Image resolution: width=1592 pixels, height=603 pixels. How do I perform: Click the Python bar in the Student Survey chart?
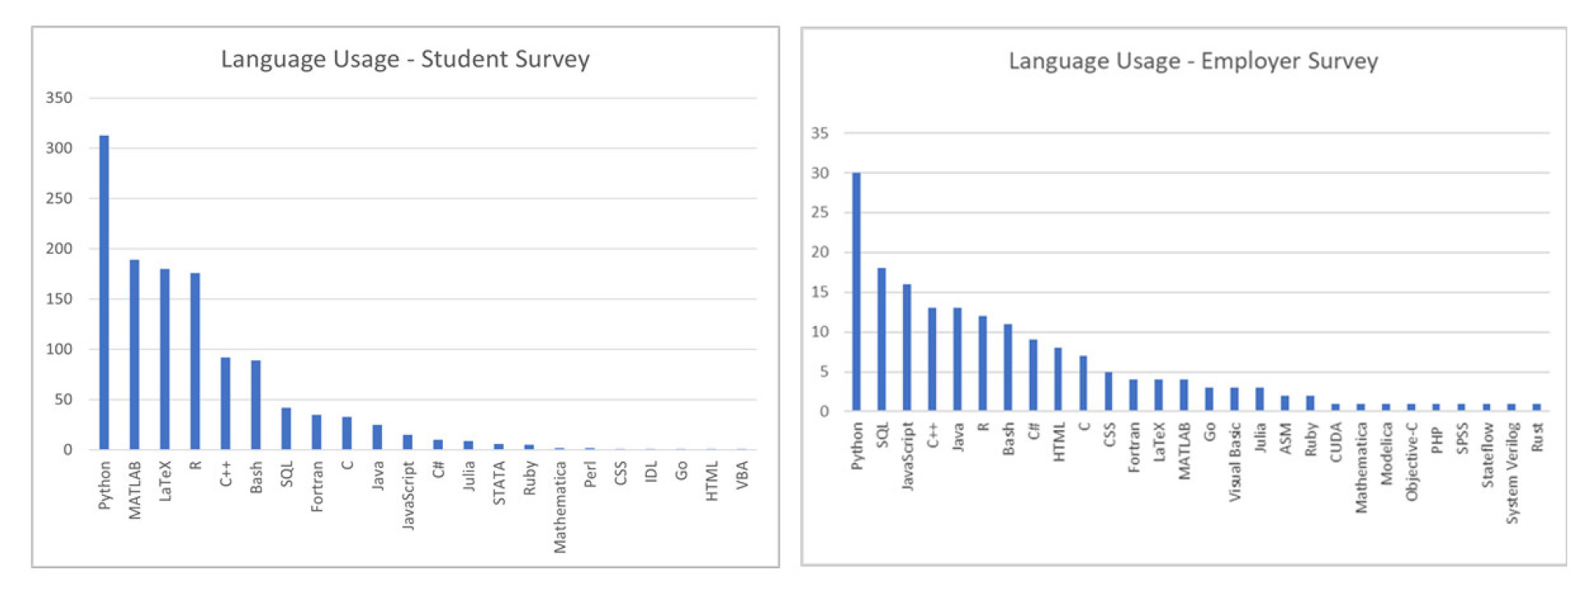click(x=104, y=292)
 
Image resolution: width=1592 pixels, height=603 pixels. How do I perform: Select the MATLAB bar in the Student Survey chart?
click(x=134, y=355)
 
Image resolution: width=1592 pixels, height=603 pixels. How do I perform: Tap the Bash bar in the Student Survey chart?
click(x=256, y=404)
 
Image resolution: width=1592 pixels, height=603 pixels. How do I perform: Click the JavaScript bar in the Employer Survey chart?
click(x=907, y=348)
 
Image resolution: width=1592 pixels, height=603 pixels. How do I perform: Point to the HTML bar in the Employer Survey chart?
click(x=1058, y=379)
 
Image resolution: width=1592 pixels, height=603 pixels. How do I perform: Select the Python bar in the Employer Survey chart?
click(x=856, y=292)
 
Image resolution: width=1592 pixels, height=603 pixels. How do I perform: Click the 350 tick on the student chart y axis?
click(x=59, y=98)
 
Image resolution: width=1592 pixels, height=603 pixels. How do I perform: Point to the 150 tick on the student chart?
click(x=59, y=299)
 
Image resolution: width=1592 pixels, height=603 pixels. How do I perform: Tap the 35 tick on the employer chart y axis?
click(x=820, y=133)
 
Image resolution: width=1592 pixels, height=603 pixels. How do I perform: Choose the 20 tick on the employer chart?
click(x=820, y=253)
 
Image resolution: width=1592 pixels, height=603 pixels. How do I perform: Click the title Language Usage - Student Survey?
click(x=405, y=59)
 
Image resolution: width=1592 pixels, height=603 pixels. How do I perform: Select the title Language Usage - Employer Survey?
click(x=1193, y=61)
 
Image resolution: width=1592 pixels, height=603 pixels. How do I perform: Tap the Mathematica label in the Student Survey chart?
click(x=560, y=507)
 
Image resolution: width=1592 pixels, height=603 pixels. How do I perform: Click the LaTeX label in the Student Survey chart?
click(x=165, y=481)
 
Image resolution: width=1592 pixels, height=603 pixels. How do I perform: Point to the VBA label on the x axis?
click(x=742, y=475)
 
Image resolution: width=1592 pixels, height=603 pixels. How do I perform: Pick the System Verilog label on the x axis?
click(x=1512, y=473)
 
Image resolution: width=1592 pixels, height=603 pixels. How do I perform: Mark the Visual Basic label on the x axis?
click(x=1235, y=461)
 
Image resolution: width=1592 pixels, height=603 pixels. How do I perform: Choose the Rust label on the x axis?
click(x=1537, y=437)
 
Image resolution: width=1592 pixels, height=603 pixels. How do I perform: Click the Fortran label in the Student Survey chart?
click(x=317, y=486)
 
